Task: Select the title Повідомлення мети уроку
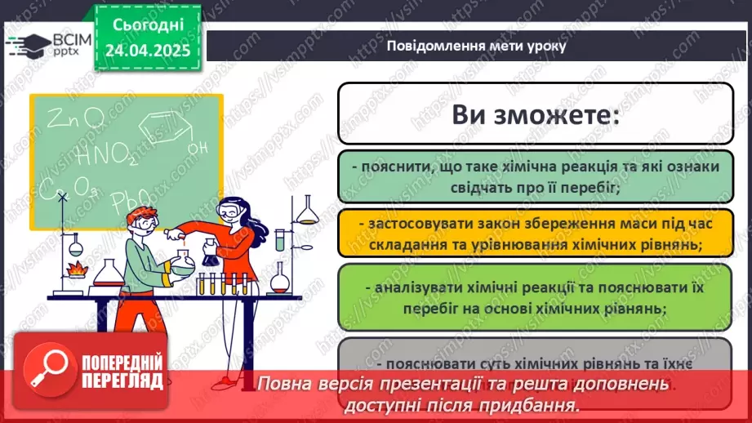[476, 46]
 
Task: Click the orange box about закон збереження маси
[534, 233]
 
